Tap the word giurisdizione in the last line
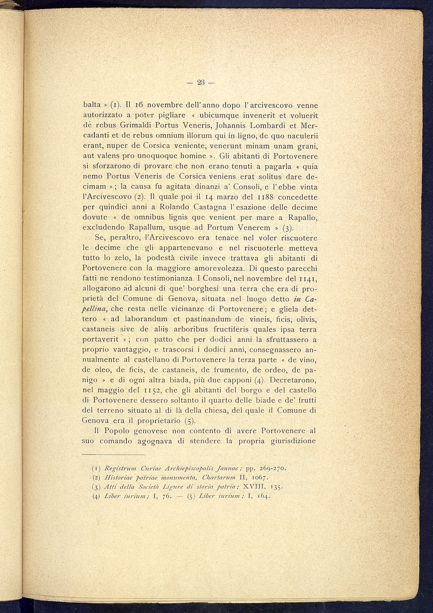(293, 441)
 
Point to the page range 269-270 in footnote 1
(272, 468)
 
